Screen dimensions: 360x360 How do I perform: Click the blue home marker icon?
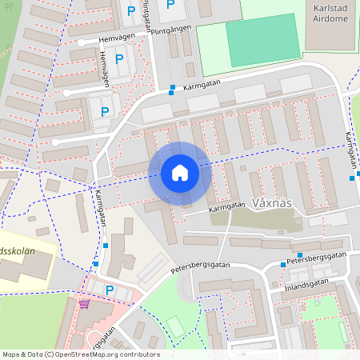(180, 173)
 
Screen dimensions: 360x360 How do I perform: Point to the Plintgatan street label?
(146, 11)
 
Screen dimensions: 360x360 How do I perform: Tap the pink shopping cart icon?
(83, 305)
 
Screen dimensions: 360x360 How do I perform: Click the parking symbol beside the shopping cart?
(110, 290)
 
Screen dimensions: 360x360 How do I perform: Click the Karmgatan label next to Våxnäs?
(226, 206)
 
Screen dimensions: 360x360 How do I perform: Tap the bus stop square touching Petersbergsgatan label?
(282, 264)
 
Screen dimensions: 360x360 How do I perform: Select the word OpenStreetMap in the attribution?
(91, 354)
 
